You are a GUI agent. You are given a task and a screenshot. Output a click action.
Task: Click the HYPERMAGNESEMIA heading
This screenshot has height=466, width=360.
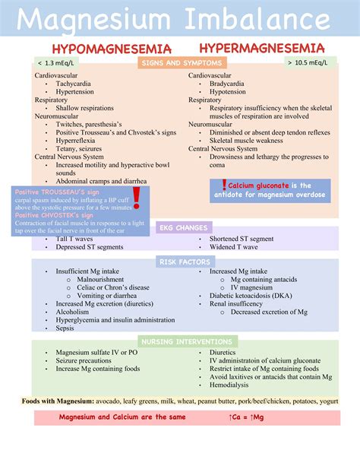pos(262,48)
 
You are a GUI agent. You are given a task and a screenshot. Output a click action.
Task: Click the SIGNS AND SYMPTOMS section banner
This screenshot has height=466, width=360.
pos(180,63)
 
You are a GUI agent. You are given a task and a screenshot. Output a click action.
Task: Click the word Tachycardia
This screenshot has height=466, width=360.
pos(74,84)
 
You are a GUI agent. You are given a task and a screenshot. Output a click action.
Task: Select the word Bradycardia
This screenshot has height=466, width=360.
pos(229,84)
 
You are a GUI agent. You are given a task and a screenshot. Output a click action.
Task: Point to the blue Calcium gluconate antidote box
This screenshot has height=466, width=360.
pos(271,190)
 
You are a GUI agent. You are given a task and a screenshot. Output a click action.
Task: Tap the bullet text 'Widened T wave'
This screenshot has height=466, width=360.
pos(235,247)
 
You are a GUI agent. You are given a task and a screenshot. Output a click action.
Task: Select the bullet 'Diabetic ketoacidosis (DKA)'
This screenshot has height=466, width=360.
pos(254,296)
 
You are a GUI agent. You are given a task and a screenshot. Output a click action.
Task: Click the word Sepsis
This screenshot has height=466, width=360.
pos(66,328)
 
